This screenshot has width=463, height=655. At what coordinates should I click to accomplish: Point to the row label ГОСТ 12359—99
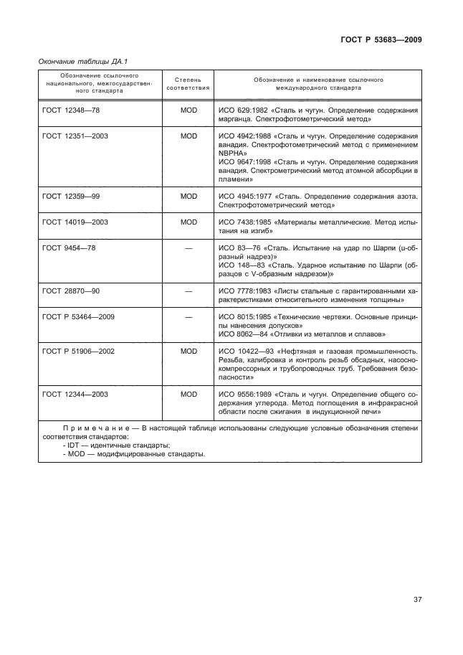(70, 196)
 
